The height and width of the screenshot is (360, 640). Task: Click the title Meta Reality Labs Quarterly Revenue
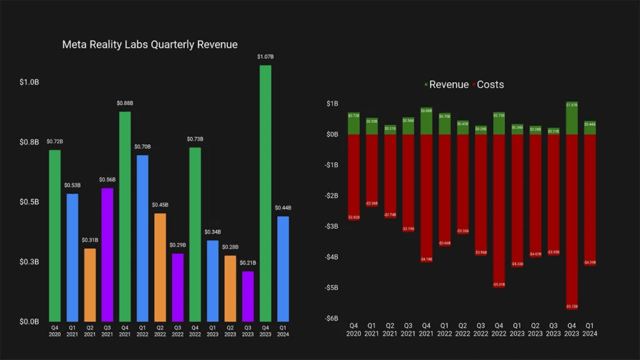pos(149,45)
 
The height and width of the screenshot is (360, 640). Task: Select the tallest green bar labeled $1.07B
pos(265,194)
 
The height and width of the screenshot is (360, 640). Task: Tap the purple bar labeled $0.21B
pos(247,296)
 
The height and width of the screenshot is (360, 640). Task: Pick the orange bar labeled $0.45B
pos(160,267)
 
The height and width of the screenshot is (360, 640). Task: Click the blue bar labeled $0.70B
pos(142,238)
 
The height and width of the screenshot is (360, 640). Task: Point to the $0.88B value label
pos(125,103)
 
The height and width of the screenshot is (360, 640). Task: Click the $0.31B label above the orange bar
pos(90,240)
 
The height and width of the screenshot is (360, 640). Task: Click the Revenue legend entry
pos(446,84)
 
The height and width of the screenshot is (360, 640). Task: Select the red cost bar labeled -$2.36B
pos(371,171)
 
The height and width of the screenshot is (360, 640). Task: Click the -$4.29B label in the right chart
pos(589,262)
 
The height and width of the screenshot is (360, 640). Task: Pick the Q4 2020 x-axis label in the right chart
pos(354,329)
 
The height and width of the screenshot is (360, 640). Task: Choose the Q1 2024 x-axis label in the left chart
pos(282,329)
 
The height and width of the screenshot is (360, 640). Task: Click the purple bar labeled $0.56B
pos(107,255)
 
